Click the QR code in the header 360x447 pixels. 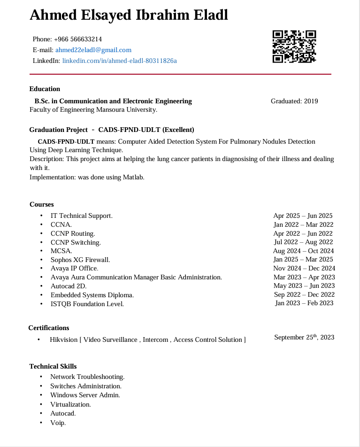click(x=294, y=46)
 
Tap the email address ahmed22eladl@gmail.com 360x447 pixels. click(x=93, y=50)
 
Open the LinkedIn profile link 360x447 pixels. click(x=119, y=61)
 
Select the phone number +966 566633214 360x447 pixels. click(x=78, y=39)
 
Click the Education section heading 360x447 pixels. click(x=45, y=89)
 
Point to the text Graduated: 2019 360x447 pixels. click(x=294, y=101)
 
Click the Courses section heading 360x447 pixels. click(x=41, y=204)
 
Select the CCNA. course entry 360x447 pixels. click(x=61, y=224)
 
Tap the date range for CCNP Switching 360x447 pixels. click(x=303, y=242)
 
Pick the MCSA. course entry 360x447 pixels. click(x=61, y=251)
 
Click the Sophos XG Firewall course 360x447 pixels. click(x=80, y=260)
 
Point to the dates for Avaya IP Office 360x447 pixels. click(x=304, y=269)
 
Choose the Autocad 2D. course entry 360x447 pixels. click(x=69, y=286)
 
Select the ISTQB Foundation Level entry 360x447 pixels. click(x=87, y=304)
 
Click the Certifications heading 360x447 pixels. click(x=48, y=328)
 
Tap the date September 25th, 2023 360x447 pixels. click(x=304, y=337)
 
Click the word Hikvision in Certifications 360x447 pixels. click(x=63, y=339)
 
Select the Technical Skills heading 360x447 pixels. click(x=53, y=366)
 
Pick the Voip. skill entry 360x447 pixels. click(x=58, y=423)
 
